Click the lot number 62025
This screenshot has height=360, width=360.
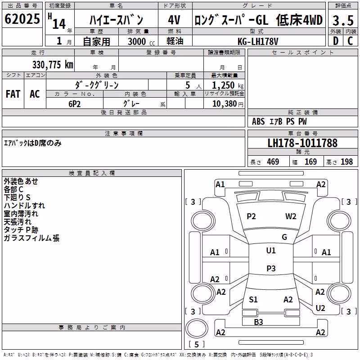tap(22, 19)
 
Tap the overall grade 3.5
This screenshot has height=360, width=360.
tap(343, 20)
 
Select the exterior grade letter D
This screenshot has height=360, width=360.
tap(336, 41)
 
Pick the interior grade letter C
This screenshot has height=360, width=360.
tap(350, 41)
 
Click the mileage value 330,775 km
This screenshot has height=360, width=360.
tap(53, 65)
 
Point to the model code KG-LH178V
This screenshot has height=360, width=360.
tap(258, 41)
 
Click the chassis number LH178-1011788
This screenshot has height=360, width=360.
tap(302, 143)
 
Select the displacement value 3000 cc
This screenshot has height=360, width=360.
tap(141, 41)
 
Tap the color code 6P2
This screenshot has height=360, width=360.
tap(74, 104)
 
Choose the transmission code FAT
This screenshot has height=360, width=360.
tap(13, 94)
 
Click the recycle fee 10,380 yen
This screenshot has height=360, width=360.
tap(228, 104)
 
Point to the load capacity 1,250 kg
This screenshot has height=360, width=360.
tap(228, 85)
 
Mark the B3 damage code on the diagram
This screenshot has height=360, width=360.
tap(258, 322)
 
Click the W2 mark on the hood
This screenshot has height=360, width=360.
tap(291, 216)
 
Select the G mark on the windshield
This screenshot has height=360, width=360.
tap(284, 237)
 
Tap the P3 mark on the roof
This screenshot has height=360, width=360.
tap(271, 268)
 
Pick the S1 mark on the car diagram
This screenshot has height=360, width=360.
tap(253, 299)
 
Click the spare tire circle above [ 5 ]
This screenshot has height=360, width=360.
tap(197, 328)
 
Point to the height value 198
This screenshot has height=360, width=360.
tap(346, 162)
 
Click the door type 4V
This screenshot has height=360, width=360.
tap(174, 20)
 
